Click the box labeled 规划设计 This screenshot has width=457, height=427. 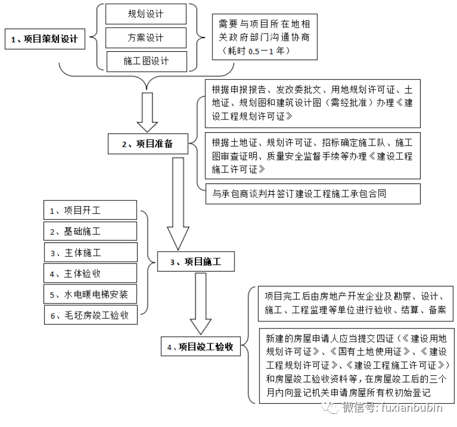(x=145, y=14)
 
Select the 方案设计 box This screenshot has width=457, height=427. (x=145, y=38)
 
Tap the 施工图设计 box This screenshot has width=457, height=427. (x=145, y=62)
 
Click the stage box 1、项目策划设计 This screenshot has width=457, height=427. (x=45, y=40)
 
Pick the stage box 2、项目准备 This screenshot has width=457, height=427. (x=148, y=144)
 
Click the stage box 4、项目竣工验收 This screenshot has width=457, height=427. (x=200, y=347)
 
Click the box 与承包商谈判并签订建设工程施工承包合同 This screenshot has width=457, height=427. (x=312, y=193)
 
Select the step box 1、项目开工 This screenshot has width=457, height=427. (x=90, y=210)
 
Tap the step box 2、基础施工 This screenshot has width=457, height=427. (x=90, y=231)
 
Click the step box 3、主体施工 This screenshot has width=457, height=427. (x=90, y=252)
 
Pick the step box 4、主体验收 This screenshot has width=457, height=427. (x=90, y=273)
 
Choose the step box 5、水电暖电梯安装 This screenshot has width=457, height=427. (x=90, y=294)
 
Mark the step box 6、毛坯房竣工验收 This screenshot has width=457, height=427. (x=90, y=315)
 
